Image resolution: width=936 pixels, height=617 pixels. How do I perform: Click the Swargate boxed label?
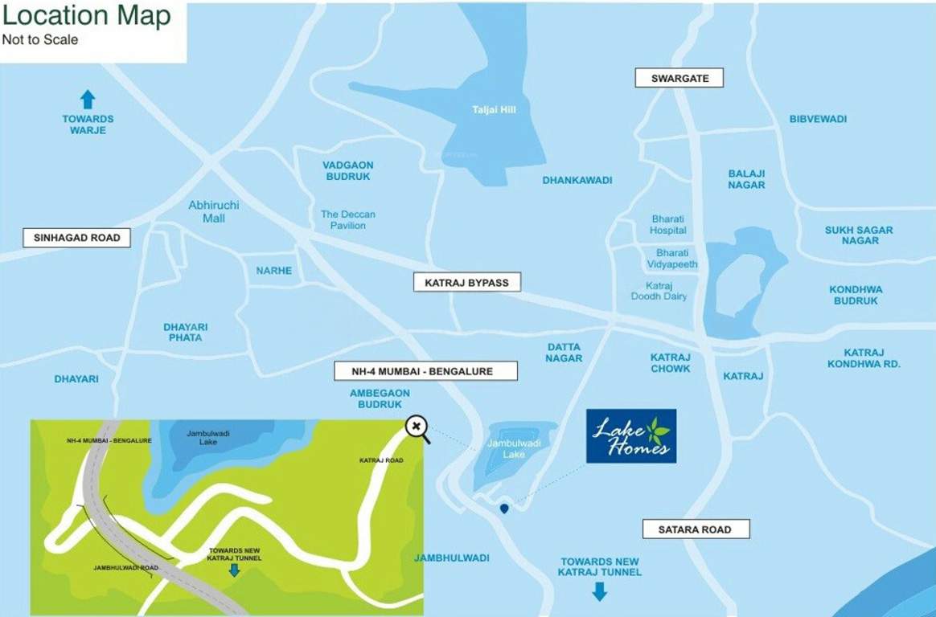click(679, 78)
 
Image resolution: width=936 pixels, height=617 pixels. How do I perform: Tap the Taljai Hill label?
click(494, 110)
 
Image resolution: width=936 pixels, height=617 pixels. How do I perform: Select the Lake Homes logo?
click(630, 436)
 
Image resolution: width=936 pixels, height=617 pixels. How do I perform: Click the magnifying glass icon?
click(417, 427)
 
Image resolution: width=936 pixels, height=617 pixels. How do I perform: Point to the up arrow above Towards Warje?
click(88, 100)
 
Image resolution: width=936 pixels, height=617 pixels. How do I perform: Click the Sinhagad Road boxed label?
click(76, 238)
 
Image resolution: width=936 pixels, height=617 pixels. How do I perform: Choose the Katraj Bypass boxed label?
click(466, 283)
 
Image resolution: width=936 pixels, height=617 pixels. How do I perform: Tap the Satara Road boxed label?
click(696, 529)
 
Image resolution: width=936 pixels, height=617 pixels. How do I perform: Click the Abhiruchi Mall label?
click(213, 211)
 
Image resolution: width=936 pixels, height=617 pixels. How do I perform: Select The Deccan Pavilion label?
click(347, 220)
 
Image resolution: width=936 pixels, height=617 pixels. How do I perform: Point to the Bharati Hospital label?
click(668, 225)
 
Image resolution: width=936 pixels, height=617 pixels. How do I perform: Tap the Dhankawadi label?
click(577, 181)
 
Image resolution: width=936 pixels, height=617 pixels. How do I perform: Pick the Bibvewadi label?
click(818, 120)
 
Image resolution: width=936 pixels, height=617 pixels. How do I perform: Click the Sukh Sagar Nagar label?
click(858, 235)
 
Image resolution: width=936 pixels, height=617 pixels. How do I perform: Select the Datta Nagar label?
click(564, 353)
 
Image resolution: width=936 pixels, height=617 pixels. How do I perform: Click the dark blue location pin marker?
click(504, 509)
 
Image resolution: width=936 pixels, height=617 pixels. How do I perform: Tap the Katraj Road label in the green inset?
click(380, 460)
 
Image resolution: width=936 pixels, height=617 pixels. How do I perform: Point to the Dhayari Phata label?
click(185, 333)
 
